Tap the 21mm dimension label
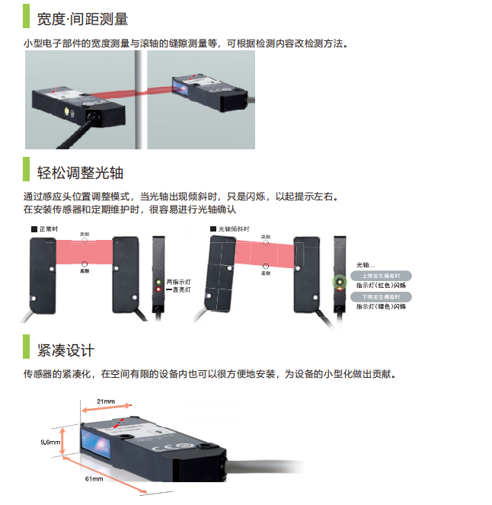tap(106, 401)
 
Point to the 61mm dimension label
tap(94, 478)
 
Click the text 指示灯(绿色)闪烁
tap(381, 306)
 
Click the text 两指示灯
tap(178, 282)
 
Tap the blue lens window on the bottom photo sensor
tap(101, 442)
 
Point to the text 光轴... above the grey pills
tap(366, 264)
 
